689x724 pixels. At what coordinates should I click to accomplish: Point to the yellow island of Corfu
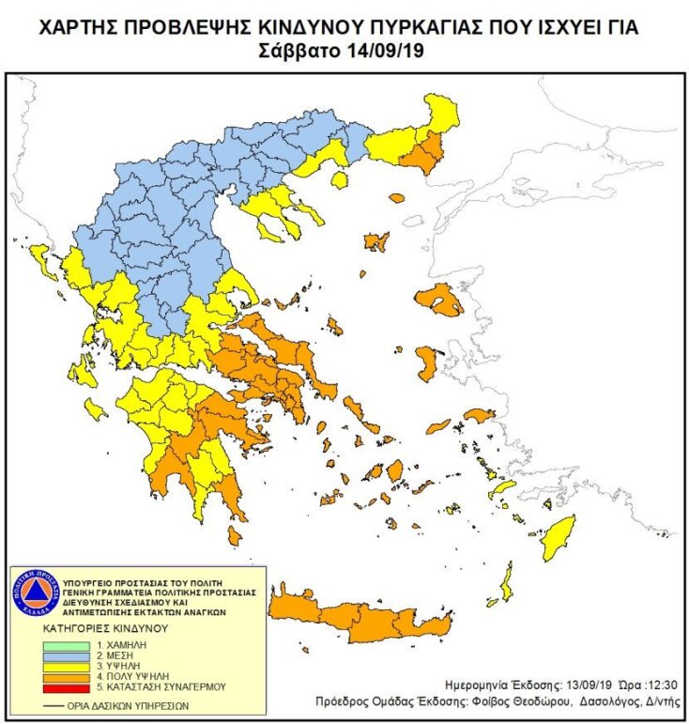tap(41, 255)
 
